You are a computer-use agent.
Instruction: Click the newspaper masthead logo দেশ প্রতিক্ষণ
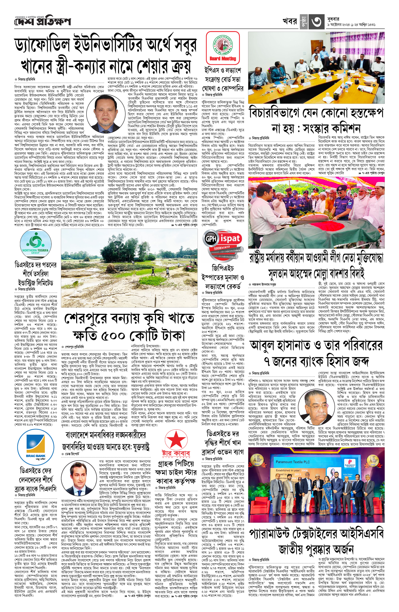[43, 22]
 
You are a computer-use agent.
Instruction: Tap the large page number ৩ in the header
[316, 22]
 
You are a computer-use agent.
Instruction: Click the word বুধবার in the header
[333, 19]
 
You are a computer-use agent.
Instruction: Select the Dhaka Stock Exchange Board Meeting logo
[222, 48]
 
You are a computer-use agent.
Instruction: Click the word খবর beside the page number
[290, 21]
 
